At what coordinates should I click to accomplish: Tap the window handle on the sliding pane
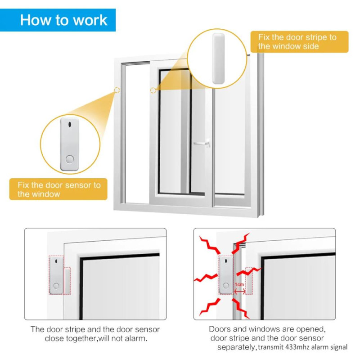[x=201, y=144]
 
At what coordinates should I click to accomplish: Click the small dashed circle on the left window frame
[x=117, y=90]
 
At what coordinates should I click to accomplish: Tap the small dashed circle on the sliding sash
[x=153, y=90]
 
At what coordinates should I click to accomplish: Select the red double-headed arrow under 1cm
[x=239, y=291]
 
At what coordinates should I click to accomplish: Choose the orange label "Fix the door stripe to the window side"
[x=299, y=41]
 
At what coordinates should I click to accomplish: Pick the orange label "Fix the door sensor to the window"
[x=58, y=189]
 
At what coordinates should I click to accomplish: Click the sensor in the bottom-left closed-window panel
[x=55, y=275]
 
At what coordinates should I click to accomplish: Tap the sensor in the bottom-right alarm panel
[x=226, y=275]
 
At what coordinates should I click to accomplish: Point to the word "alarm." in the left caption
[x=136, y=338]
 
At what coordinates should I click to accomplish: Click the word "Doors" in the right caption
[x=220, y=329]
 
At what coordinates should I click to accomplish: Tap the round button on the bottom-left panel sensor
[x=55, y=285]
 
